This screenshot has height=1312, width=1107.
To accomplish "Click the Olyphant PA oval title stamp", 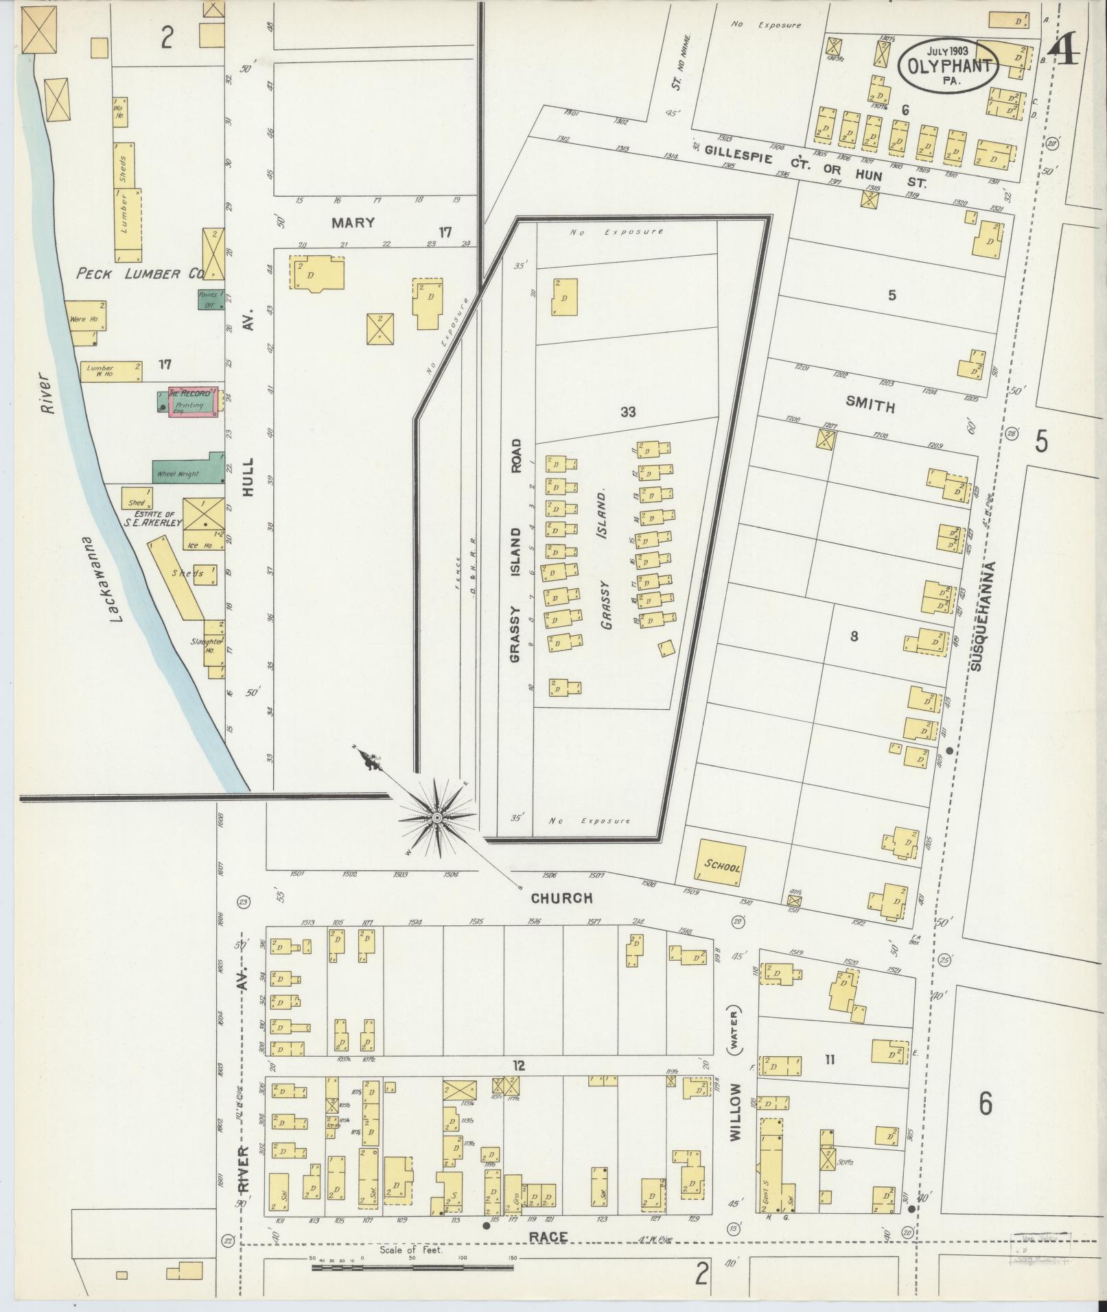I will [948, 66].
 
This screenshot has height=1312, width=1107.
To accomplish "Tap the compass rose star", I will [437, 818].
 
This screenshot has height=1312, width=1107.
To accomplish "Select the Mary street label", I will [353, 223].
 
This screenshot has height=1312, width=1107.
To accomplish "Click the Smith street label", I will [870, 405].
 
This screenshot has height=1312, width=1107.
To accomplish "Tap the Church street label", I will [561, 898].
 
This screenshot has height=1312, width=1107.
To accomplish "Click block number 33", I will [627, 412].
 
